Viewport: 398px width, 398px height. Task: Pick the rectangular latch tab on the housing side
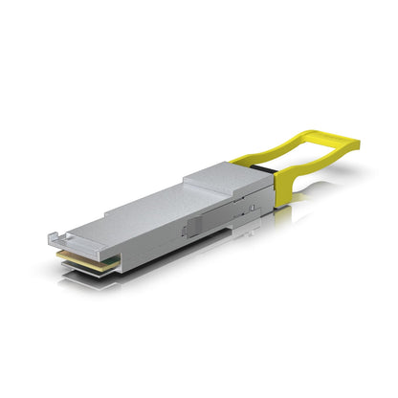click(191, 228)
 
